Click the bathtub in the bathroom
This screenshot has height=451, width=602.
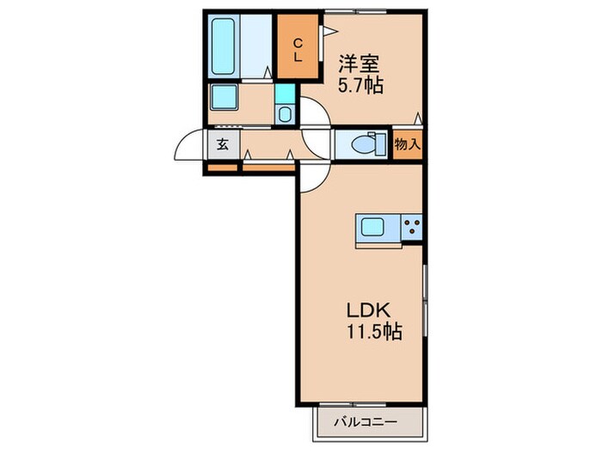[x=224, y=46]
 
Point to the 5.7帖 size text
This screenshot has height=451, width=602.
[x=359, y=86]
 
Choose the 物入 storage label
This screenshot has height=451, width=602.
[x=408, y=143]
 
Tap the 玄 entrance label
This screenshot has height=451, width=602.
[x=222, y=144]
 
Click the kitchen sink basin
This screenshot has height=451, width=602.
[x=372, y=229]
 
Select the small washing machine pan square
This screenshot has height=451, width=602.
[x=286, y=111]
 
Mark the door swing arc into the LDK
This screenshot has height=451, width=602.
[x=314, y=177]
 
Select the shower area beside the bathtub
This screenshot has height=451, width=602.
[x=257, y=46]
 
